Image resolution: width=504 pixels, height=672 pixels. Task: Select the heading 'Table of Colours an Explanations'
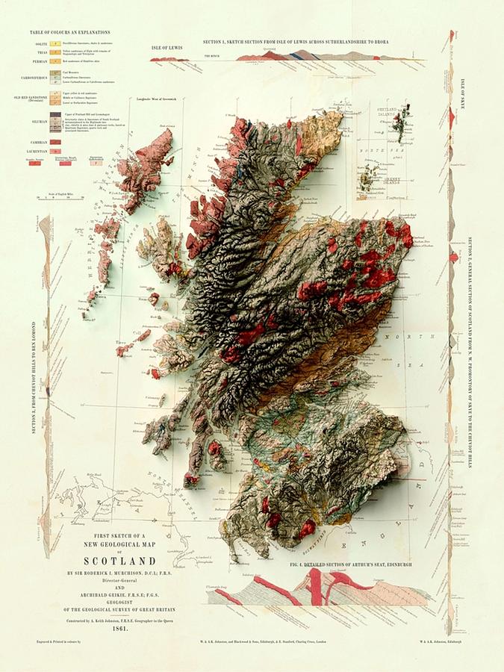pos(70,32)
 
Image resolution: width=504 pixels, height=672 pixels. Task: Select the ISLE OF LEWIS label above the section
pos(168,46)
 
